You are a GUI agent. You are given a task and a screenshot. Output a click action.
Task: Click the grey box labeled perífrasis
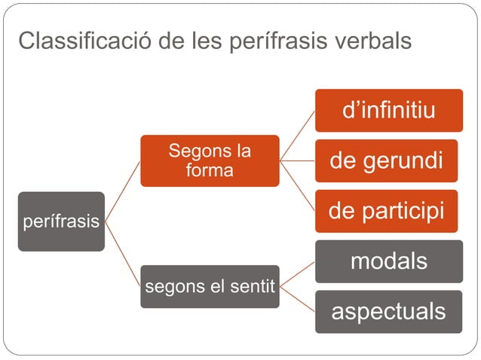coord(61,221)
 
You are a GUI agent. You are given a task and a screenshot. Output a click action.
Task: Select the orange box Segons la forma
coord(210,160)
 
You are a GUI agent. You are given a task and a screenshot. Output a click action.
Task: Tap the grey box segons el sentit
coord(210,286)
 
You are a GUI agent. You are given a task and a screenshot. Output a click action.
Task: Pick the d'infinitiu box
coord(388,111)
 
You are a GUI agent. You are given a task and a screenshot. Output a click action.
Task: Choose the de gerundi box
coord(388,160)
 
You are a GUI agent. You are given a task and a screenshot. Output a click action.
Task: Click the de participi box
coord(388,211)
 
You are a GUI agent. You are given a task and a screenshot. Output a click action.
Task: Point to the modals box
coord(388,261)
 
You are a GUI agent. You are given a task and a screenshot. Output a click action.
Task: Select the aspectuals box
coord(388,311)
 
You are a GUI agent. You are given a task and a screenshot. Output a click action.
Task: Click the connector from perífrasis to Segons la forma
coord(122,191)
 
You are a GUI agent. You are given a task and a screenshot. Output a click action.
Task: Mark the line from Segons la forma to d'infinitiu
coord(297,136)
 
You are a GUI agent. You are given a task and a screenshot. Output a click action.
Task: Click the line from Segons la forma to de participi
coord(297,185)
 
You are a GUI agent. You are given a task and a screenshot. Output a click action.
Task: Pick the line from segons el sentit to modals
coord(297,273)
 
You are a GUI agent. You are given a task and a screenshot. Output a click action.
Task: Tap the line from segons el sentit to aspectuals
coord(297,298)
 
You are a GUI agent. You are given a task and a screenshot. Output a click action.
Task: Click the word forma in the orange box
coord(210,170)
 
